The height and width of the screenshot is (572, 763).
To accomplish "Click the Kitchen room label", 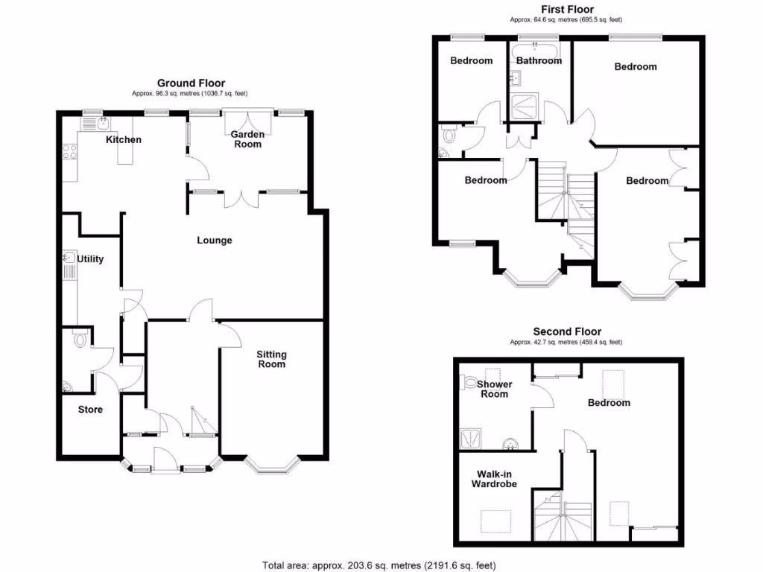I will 123,139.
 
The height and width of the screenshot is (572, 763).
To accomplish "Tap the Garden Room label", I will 247,139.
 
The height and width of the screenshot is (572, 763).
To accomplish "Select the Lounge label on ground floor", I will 215,241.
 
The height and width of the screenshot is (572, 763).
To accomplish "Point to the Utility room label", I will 91,259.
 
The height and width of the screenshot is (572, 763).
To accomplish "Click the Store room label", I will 91,410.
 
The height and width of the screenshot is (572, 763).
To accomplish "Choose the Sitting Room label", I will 272,359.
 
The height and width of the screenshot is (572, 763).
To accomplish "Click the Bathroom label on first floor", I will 539,60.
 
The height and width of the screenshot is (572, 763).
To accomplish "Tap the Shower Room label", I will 493,389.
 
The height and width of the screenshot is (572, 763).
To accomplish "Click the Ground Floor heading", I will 191,83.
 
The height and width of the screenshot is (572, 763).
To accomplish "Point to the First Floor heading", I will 567,9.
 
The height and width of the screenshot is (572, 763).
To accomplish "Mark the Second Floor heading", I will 567,331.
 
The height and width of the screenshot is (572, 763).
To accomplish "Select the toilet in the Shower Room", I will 469,382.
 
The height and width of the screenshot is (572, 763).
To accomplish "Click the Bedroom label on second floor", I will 609,403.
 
